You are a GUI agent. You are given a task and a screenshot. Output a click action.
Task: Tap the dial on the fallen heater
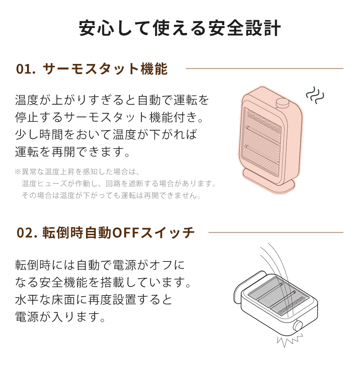pos(298,326)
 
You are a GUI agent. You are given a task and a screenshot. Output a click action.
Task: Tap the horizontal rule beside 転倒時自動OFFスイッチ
pos(275,232)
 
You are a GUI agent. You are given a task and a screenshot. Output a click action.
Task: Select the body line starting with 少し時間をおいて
pos(106,134)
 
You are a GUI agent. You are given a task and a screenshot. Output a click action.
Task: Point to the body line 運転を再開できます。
pos(72,152)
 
